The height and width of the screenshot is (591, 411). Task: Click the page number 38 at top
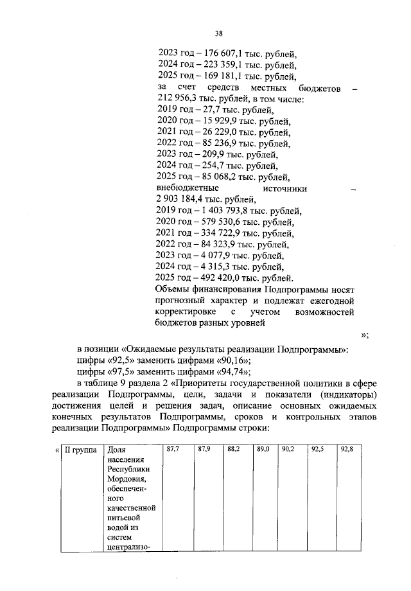pos(218,33)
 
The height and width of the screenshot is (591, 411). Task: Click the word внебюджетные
pos(188,189)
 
